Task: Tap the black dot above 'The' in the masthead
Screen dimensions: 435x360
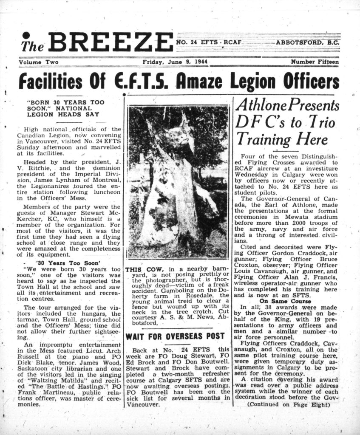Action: coord(26,35)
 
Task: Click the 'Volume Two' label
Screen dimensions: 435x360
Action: coord(39,62)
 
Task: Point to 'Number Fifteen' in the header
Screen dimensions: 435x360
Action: coord(315,62)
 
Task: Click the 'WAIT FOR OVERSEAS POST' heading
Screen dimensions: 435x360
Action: coord(175,336)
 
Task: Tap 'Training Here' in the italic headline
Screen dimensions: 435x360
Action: coord(282,138)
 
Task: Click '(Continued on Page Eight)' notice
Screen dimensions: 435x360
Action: coord(289,405)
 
